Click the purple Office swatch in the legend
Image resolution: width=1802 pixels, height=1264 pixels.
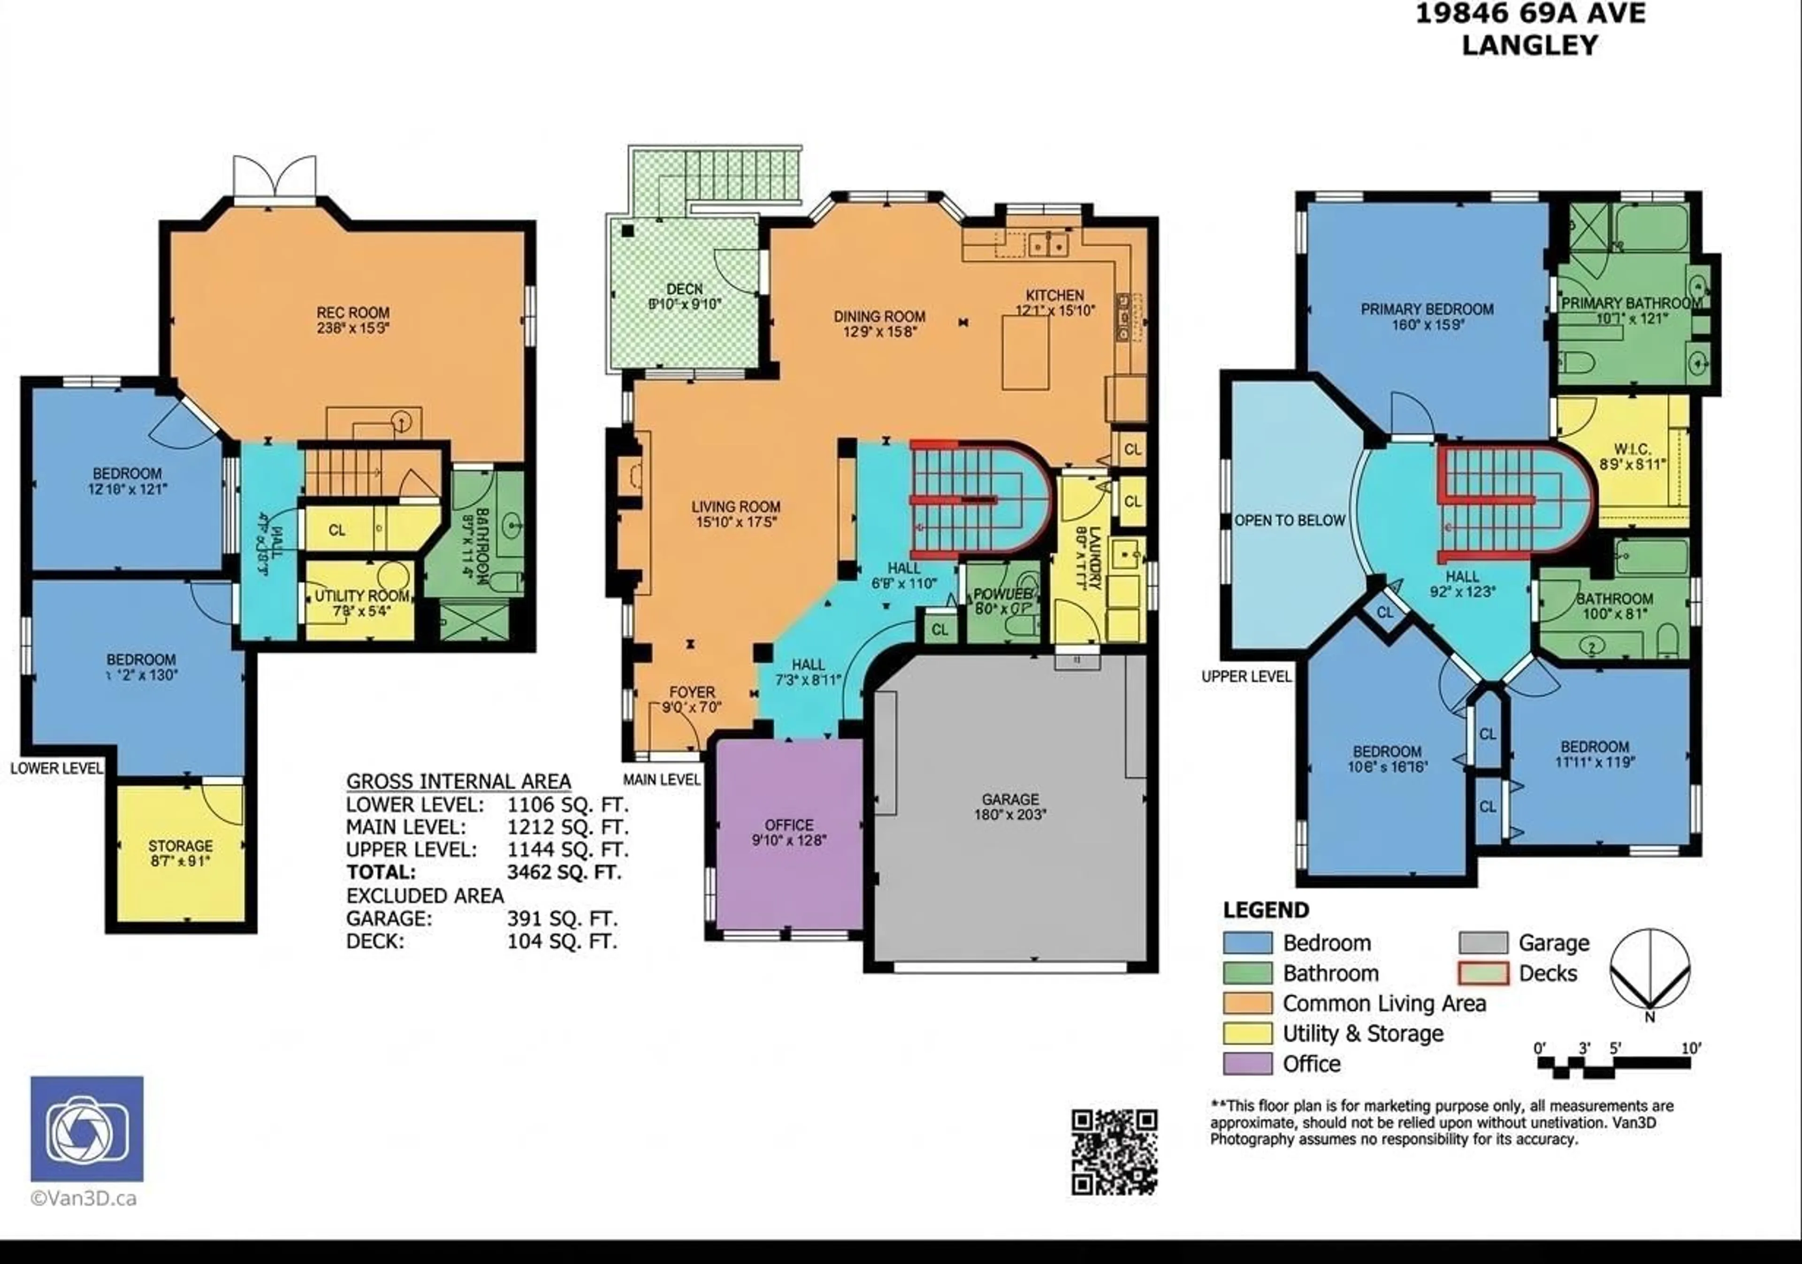(1247, 1063)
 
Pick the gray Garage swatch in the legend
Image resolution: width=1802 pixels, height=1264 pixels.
(1482, 942)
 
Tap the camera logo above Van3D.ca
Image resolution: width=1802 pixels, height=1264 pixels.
(87, 1128)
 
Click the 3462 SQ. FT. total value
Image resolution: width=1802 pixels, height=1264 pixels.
(565, 872)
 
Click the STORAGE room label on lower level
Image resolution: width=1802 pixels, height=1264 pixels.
(181, 845)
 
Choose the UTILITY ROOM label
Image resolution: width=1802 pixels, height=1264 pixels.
(361, 596)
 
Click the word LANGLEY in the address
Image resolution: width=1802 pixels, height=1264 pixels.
(1530, 45)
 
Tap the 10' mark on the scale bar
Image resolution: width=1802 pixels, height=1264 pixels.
(1691, 1048)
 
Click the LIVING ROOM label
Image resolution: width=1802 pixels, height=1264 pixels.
(735, 507)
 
